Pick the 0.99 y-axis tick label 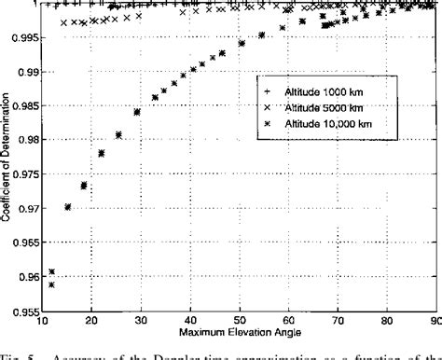(x=21, y=71)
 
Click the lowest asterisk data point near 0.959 (x=52, y=281)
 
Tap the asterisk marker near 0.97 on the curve (x=68, y=207)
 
